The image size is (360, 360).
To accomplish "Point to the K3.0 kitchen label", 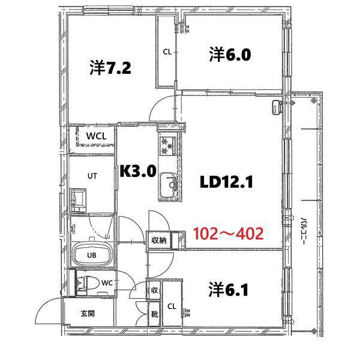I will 138,172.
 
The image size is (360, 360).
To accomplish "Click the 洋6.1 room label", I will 229,290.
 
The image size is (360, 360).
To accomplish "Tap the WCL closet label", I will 96,136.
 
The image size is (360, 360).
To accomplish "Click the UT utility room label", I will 92,175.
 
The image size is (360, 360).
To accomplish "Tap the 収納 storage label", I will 158,241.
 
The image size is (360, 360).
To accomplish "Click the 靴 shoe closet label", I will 155,313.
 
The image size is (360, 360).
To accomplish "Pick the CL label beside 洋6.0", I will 167,52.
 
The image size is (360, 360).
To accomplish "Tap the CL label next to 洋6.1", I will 171,306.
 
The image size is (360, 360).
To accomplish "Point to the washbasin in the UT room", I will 77,197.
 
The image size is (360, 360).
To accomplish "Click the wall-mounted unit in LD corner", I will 276,106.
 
